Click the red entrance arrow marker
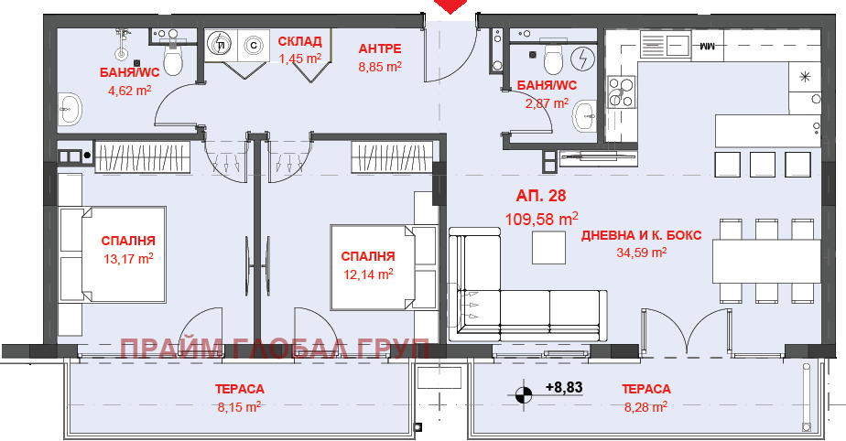click(449, 6)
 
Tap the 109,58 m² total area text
click(542, 219)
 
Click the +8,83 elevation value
click(564, 387)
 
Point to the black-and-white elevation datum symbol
click(524, 395)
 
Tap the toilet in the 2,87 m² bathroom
click(552, 60)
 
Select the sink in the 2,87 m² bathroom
click(587, 115)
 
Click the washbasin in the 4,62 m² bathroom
click(69, 111)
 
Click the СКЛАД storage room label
click(300, 42)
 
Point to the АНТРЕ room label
click(380, 48)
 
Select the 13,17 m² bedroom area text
click(128, 258)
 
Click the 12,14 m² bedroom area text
click(368, 273)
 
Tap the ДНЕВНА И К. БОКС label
click(641, 235)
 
